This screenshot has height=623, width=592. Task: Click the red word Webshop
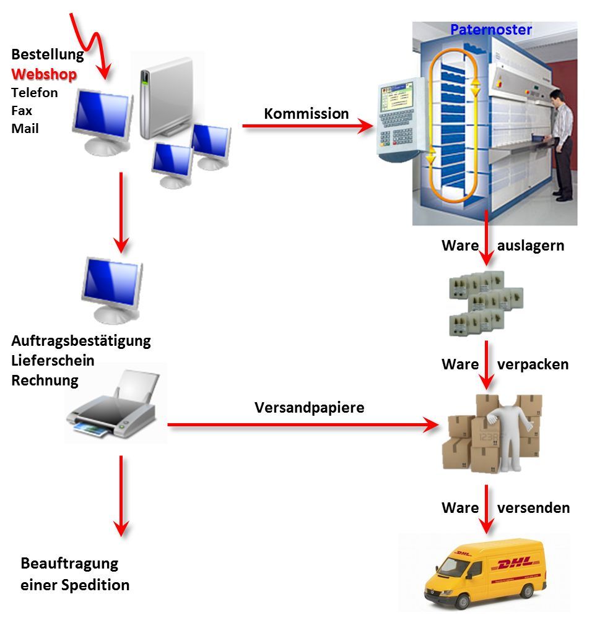click(x=44, y=74)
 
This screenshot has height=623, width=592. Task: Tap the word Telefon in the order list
click(x=35, y=93)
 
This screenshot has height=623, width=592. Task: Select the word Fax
click(x=22, y=111)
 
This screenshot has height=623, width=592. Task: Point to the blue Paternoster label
click(x=491, y=30)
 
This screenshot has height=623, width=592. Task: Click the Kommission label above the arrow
click(x=306, y=114)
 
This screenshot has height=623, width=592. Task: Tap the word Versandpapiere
click(x=310, y=408)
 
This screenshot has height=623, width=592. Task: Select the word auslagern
click(x=530, y=246)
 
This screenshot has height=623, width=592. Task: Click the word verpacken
click(x=533, y=364)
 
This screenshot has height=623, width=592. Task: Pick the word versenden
click(x=534, y=508)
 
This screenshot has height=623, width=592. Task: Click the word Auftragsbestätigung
click(x=81, y=341)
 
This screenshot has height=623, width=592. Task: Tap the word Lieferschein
click(x=53, y=360)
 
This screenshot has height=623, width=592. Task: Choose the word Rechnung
click(x=45, y=380)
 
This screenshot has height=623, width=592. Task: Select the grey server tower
click(x=166, y=98)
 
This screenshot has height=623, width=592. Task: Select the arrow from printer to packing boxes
click(x=303, y=425)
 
